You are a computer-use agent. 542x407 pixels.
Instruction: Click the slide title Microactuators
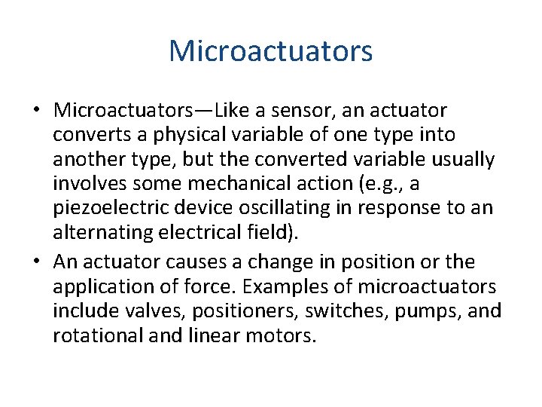click(x=270, y=51)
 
